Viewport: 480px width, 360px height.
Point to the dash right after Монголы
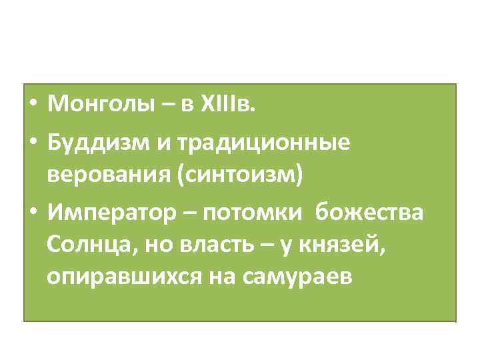(x=157, y=105)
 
